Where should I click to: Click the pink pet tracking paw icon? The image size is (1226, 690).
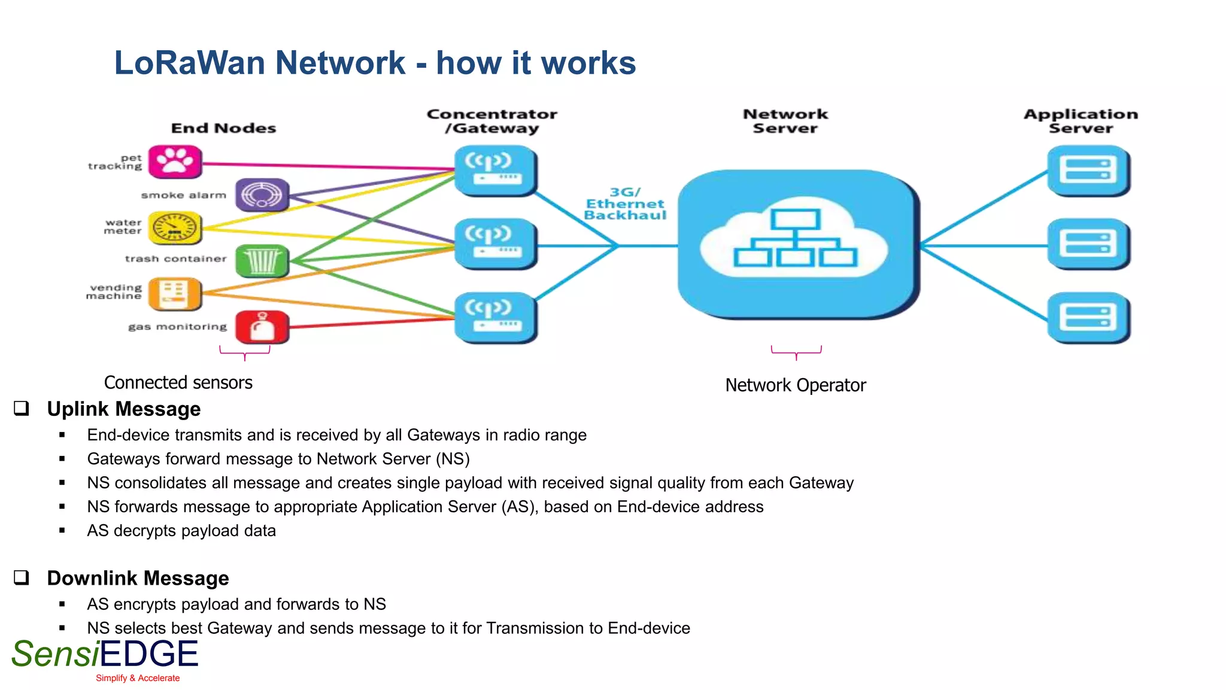click(175, 162)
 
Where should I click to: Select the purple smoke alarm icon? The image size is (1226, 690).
click(262, 194)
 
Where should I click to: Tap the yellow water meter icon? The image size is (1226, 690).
click(175, 228)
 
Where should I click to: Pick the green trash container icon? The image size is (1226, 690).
click(262, 261)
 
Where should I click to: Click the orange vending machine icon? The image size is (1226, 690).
click(175, 294)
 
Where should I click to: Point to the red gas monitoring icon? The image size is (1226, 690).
click(262, 327)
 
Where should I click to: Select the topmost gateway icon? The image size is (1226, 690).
click(495, 171)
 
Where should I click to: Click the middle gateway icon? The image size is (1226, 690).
click(495, 244)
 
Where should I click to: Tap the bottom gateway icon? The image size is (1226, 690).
click(495, 317)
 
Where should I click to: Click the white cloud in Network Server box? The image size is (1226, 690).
click(795, 242)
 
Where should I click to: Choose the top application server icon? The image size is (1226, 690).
click(1088, 171)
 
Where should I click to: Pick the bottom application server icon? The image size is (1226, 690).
click(1088, 317)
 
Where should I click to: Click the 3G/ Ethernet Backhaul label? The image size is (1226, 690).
click(625, 204)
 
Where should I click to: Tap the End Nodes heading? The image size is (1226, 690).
click(223, 128)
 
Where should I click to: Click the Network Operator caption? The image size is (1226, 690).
click(795, 385)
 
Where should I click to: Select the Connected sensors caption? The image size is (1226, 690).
click(178, 382)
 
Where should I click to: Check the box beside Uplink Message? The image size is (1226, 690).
click(22, 408)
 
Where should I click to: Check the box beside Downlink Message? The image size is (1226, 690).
click(22, 577)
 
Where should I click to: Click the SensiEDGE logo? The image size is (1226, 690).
click(105, 655)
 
